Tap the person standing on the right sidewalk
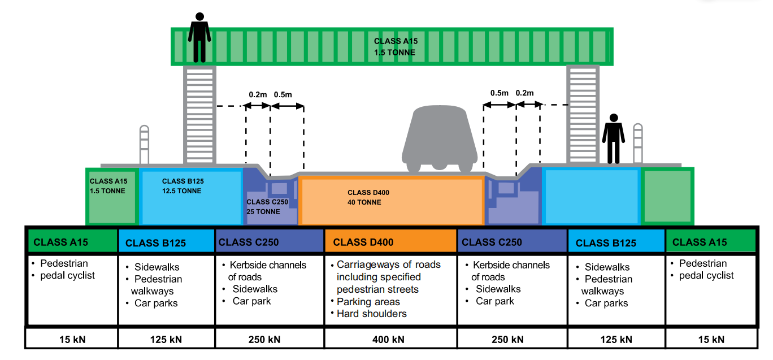pyautogui.click(x=613, y=139)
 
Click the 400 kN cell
pyautogui.click(x=390, y=339)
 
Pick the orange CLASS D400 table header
pyautogui.click(x=390, y=242)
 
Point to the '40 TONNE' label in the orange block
pyautogui.click(x=364, y=202)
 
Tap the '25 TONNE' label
pyautogui.click(x=263, y=211)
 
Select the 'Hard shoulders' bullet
pyautogui.click(x=372, y=314)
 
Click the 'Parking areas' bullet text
pyautogui.click(x=368, y=302)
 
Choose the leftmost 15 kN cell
pyautogui.click(x=72, y=339)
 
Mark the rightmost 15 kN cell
pyautogui.click(x=711, y=339)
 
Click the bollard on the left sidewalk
pyautogui.click(x=144, y=145)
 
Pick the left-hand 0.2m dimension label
pyautogui.click(x=258, y=94)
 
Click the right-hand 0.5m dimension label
pyautogui.click(x=500, y=93)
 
